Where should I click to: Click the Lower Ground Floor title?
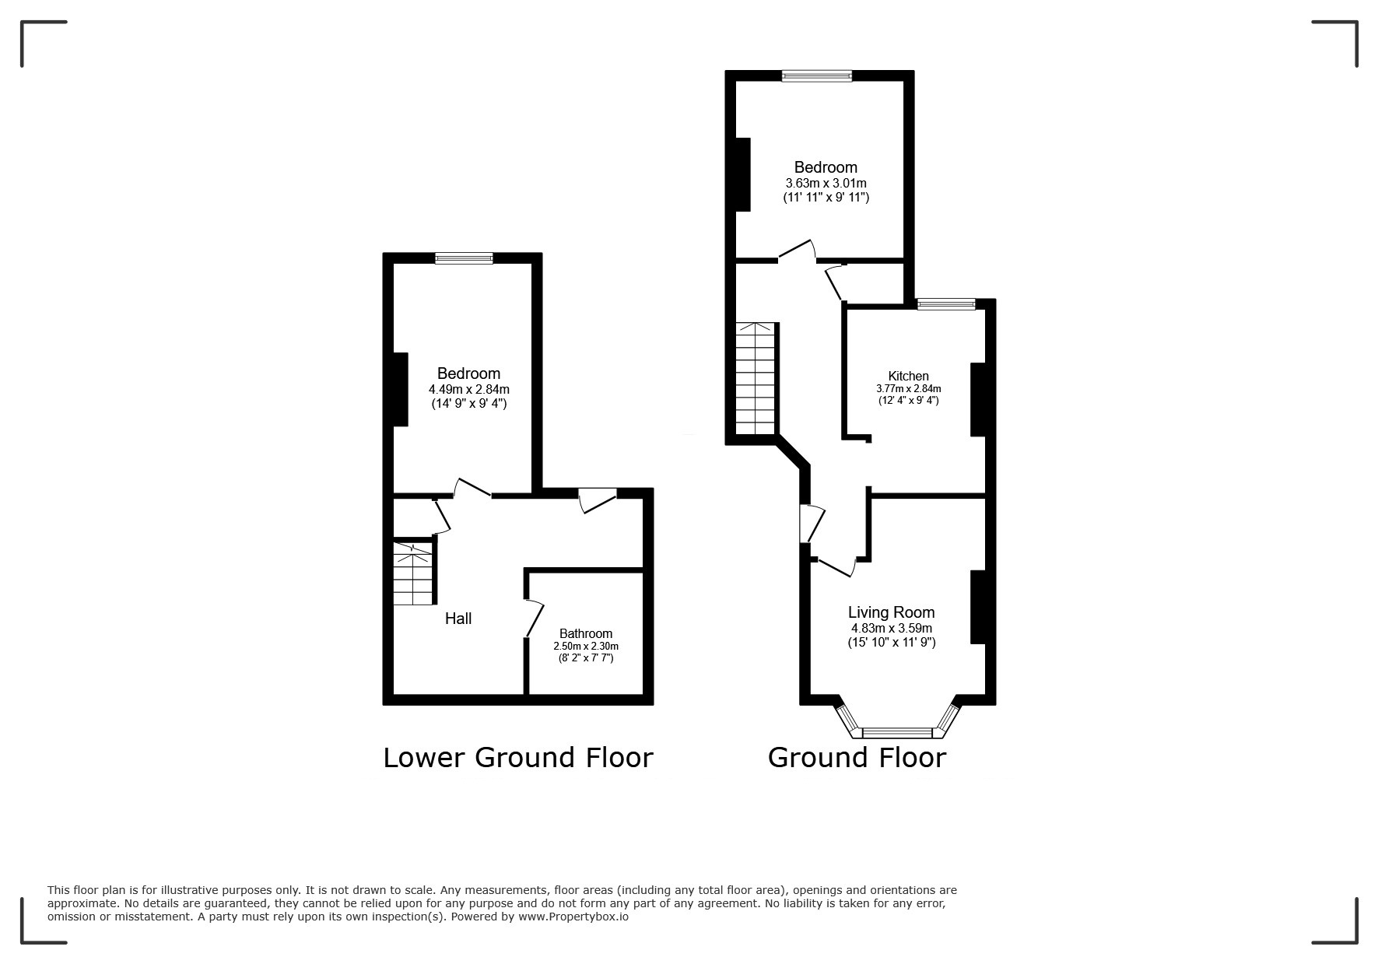pyautogui.click(x=517, y=757)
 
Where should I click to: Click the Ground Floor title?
pyautogui.click(x=857, y=757)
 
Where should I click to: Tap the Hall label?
pyautogui.click(x=458, y=619)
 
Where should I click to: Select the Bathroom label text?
pyautogui.click(x=586, y=633)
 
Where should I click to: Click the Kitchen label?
pyautogui.click(x=908, y=376)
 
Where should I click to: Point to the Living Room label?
pyautogui.click(x=891, y=612)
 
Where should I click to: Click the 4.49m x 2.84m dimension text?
pyautogui.click(x=468, y=389)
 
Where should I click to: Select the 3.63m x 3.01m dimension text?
pyautogui.click(x=826, y=183)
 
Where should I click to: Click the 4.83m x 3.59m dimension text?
pyautogui.click(x=891, y=628)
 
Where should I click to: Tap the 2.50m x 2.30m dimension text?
pyautogui.click(x=586, y=646)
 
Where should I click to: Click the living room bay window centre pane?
pyautogui.click(x=897, y=732)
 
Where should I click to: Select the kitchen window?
pyautogui.click(x=945, y=304)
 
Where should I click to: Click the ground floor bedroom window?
pyautogui.click(x=817, y=75)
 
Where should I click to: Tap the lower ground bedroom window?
pyautogui.click(x=464, y=258)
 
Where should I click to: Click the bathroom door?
pyautogui.click(x=535, y=619)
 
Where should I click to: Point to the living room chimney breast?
pyautogui.click(x=978, y=607)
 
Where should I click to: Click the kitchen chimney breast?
pyautogui.click(x=978, y=399)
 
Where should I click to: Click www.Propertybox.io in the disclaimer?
pyautogui.click(x=573, y=917)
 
